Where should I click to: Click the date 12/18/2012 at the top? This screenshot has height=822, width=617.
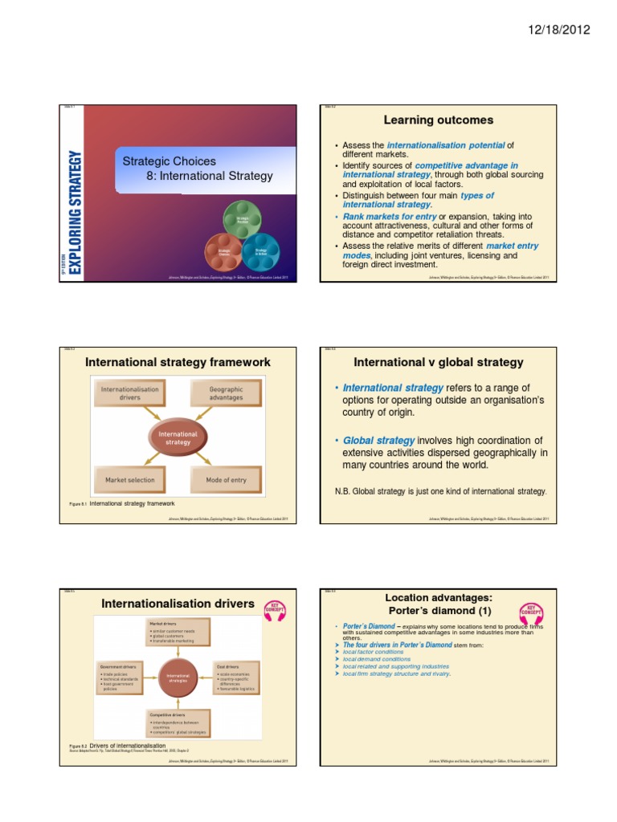[559, 30]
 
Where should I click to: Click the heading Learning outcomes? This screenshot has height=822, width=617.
[438, 120]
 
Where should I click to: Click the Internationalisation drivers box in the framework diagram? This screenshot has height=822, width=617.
[129, 393]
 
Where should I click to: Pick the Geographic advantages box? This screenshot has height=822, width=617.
[226, 393]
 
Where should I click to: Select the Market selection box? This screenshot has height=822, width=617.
[129, 480]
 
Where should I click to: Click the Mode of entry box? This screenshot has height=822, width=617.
[226, 480]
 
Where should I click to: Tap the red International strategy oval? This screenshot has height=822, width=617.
[178, 437]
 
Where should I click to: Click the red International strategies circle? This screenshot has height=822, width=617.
[178, 678]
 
